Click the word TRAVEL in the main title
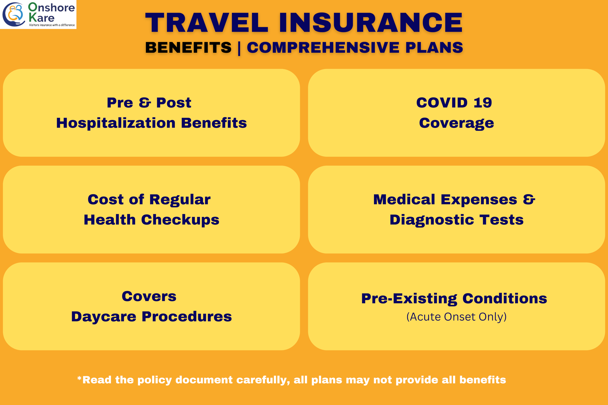(207, 22)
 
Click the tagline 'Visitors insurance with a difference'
(52, 25)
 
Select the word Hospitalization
(116, 123)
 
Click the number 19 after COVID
(483, 103)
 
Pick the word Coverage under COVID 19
(457, 123)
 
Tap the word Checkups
(180, 220)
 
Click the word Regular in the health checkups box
(180, 200)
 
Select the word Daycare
(104, 317)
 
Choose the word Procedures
(187, 316)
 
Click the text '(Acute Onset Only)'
(457, 317)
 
